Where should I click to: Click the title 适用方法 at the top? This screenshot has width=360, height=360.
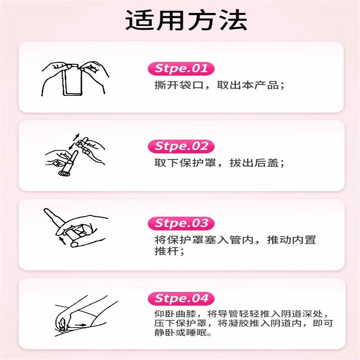pyautogui.click(x=186, y=21)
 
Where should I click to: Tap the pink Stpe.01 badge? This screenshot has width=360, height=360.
pyautogui.click(x=181, y=69)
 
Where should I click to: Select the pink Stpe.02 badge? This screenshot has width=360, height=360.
pyautogui.click(x=181, y=146)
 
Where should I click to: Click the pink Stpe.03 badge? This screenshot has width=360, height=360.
pyautogui.click(x=181, y=223)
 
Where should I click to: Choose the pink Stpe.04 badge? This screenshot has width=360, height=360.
pyautogui.click(x=181, y=298)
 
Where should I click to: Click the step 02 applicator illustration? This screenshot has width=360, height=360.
pyautogui.click(x=72, y=155)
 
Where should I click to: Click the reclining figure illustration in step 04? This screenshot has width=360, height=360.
pyautogui.click(x=85, y=313)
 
